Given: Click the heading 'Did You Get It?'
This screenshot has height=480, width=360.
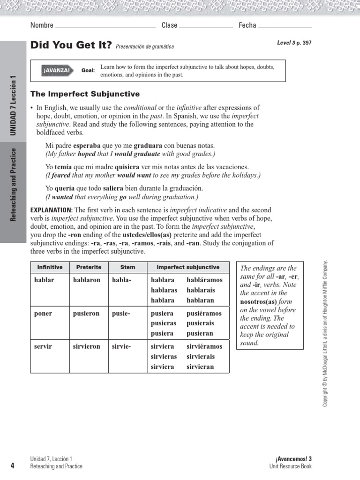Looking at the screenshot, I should click(x=71, y=45).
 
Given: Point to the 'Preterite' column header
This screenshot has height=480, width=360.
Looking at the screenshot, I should click(x=89, y=267).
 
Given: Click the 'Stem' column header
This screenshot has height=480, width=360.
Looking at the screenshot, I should click(x=127, y=267).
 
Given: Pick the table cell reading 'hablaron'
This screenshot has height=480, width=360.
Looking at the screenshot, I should click(x=87, y=280).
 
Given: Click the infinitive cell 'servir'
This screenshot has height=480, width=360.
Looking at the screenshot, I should click(x=43, y=346).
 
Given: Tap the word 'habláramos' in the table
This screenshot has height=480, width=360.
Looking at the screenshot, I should click(x=204, y=280).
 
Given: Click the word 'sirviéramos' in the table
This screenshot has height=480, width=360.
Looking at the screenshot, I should click(x=204, y=346).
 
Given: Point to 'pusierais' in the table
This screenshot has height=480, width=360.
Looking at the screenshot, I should click(x=200, y=323).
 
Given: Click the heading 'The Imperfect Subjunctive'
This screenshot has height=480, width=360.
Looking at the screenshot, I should click(x=85, y=94).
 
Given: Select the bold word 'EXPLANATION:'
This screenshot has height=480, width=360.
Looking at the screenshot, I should click(x=51, y=210).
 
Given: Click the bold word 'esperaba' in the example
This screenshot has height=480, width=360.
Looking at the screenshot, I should click(x=87, y=146).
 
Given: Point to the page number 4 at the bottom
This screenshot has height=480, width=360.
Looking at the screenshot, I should click(x=12, y=465).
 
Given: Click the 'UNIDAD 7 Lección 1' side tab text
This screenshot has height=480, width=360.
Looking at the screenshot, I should click(x=13, y=105).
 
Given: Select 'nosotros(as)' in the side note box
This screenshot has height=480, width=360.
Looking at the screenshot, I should click(x=259, y=302).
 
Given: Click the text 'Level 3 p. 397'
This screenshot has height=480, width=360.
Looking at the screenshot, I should click(x=294, y=43).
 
